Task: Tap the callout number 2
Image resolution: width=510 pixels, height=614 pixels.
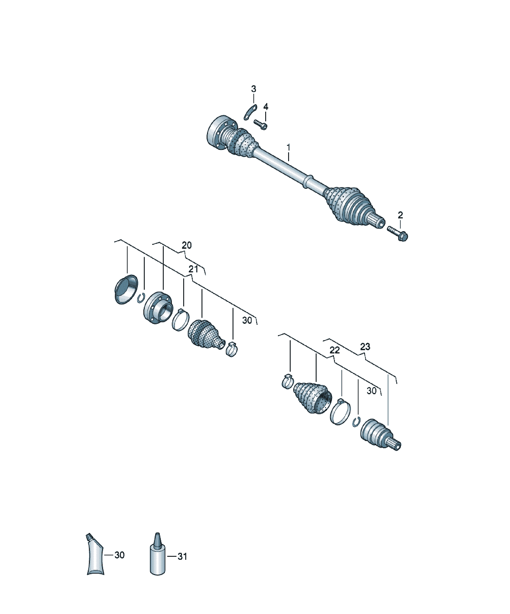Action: click(400, 215)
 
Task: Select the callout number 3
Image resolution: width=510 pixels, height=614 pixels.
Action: click(254, 89)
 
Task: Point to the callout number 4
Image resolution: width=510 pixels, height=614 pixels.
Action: click(265, 107)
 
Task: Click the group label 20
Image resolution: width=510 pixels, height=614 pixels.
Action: click(187, 245)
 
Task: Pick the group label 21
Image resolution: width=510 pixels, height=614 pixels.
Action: click(193, 269)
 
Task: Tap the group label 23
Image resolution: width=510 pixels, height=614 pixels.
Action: click(365, 347)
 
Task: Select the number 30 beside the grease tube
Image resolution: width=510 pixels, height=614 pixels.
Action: click(119, 555)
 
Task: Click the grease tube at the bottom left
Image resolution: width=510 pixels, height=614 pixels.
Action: click(95, 558)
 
